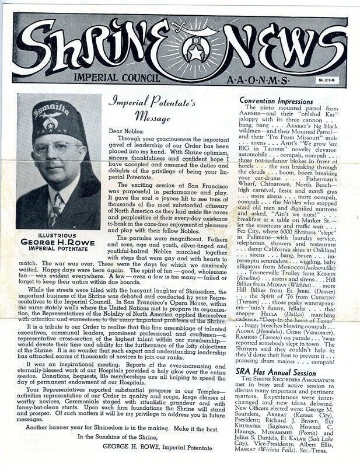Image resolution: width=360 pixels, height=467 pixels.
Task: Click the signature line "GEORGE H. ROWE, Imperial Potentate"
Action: tap(156, 444)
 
